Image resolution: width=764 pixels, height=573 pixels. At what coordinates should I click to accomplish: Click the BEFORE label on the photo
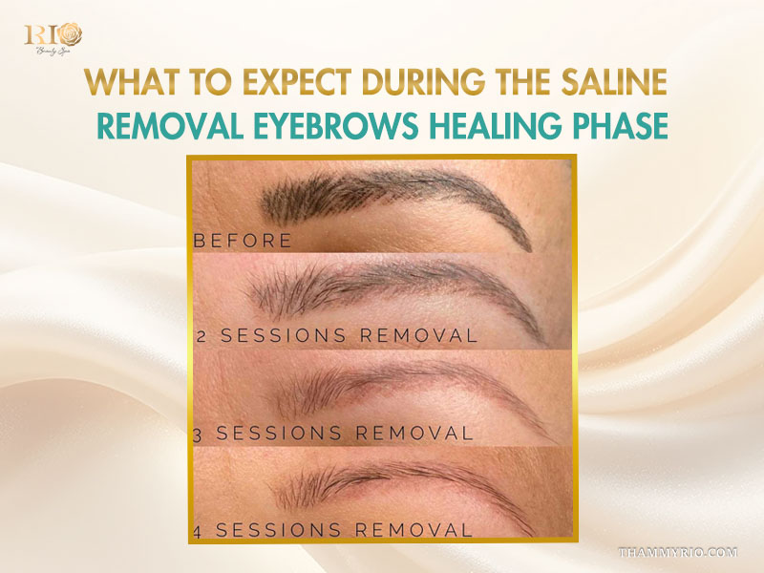(x=243, y=241)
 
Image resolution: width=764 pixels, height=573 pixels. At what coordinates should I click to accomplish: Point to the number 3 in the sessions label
(x=199, y=433)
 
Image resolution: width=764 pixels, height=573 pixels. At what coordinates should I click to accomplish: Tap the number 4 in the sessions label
(x=199, y=528)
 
